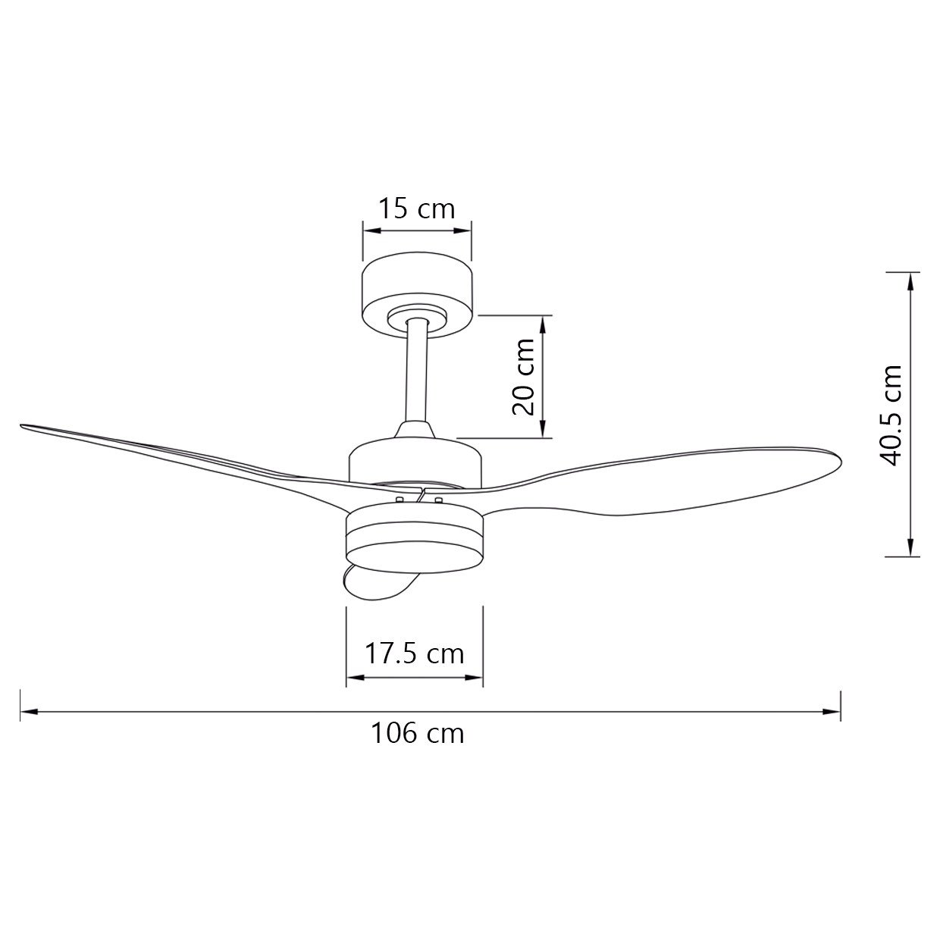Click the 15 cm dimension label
click(417, 208)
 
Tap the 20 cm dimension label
click(523, 376)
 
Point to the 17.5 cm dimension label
click(414, 655)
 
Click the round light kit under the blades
click(414, 540)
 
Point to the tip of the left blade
click(21, 426)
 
